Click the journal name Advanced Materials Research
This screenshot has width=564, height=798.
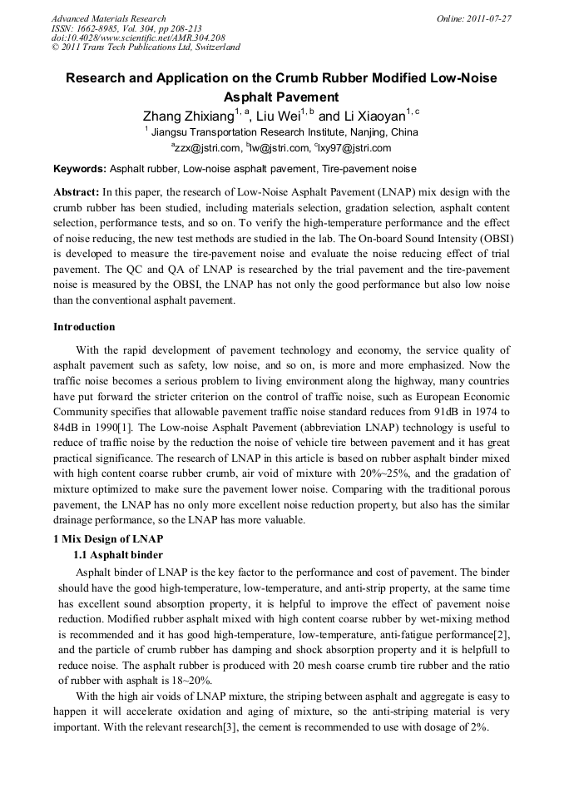108,18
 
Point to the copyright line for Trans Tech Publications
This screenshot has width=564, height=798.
146,47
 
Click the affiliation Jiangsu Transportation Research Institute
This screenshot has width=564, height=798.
283,132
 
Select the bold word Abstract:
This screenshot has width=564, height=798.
77,192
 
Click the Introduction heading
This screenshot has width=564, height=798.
84,327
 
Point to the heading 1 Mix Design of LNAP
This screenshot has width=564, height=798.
107,539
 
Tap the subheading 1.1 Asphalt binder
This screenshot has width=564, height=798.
118,555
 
